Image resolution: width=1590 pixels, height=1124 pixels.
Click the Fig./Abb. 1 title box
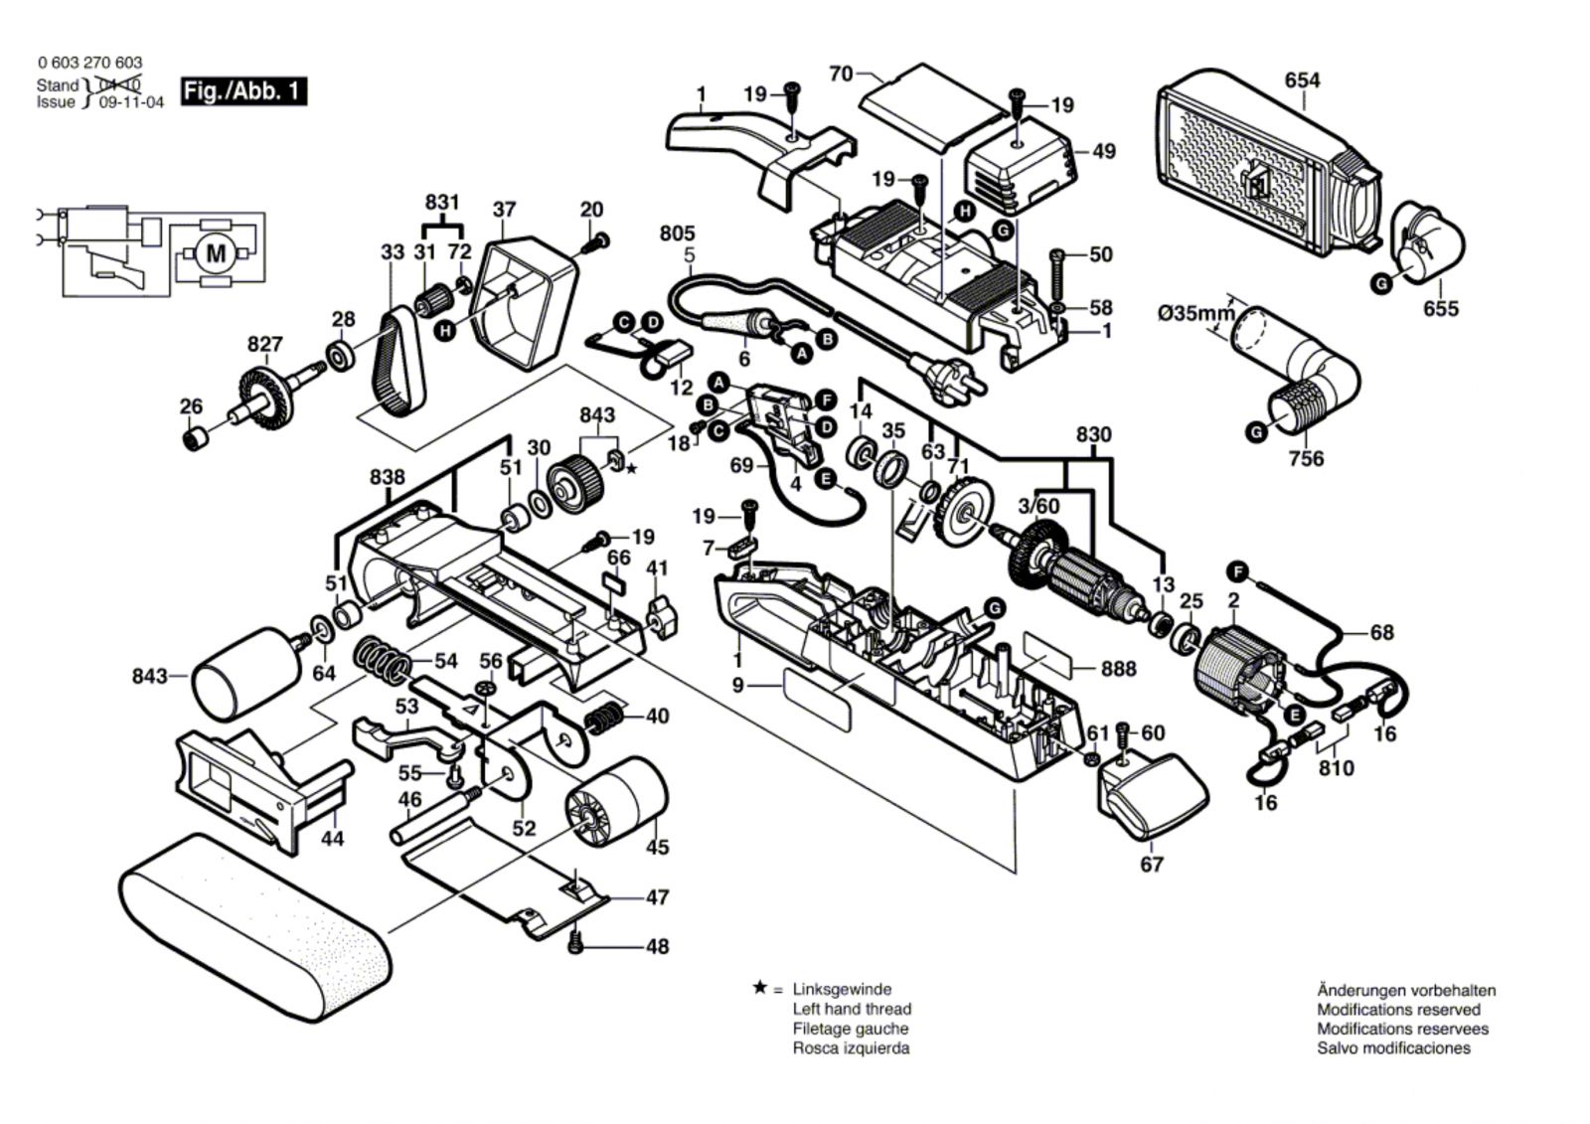click(x=243, y=91)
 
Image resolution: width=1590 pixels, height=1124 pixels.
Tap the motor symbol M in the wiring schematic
click(x=216, y=254)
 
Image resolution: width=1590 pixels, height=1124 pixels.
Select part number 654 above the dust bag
click(x=1302, y=80)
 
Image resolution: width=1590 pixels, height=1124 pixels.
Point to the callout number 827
click(x=265, y=345)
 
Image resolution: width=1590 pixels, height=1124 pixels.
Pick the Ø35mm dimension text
click(x=1195, y=314)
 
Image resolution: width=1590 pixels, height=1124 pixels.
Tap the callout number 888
click(x=1118, y=669)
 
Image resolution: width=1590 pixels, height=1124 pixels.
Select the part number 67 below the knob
click(x=1151, y=865)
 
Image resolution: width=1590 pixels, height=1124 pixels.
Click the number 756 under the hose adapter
click(x=1306, y=458)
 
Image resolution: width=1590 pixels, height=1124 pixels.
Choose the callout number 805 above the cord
click(x=677, y=234)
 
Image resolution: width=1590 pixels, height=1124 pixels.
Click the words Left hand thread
click(x=852, y=1009)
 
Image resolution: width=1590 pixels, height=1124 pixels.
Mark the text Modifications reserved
click(x=1398, y=1010)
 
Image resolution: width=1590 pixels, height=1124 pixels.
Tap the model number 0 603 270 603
click(x=89, y=63)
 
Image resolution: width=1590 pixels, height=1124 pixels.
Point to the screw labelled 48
click(x=574, y=942)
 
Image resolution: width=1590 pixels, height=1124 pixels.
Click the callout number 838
click(x=387, y=477)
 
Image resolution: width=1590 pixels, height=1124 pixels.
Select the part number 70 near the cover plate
click(x=841, y=74)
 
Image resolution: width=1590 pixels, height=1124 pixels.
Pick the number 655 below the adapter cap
click(x=1441, y=309)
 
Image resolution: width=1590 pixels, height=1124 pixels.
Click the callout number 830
click(x=1093, y=435)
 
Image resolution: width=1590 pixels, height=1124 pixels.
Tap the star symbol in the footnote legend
click(x=760, y=989)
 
